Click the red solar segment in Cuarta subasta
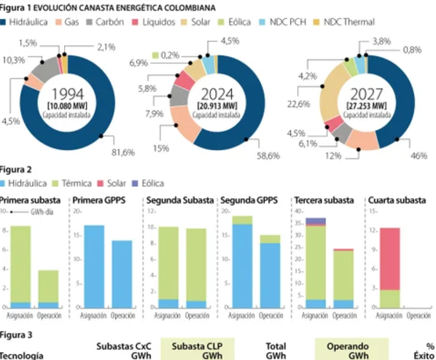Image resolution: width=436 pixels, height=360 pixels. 391,259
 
